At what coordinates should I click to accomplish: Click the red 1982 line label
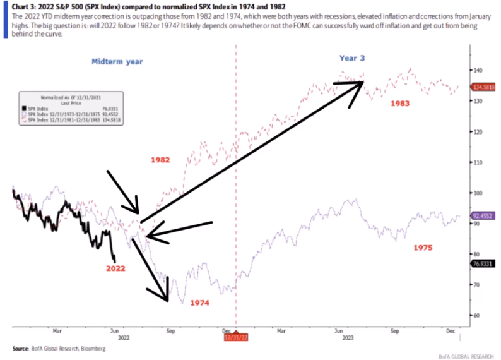tap(160, 160)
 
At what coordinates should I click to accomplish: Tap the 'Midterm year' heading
tap(117, 61)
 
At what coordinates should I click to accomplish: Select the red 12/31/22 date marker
tap(235, 337)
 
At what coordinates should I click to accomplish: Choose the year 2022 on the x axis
tap(124, 338)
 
